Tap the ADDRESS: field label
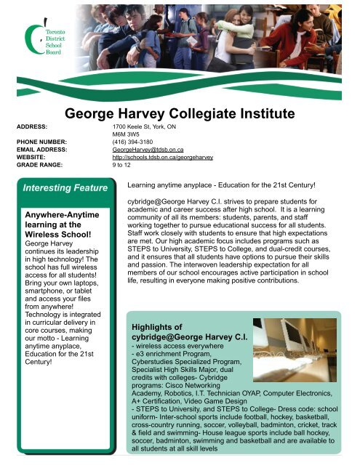point(31,126)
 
